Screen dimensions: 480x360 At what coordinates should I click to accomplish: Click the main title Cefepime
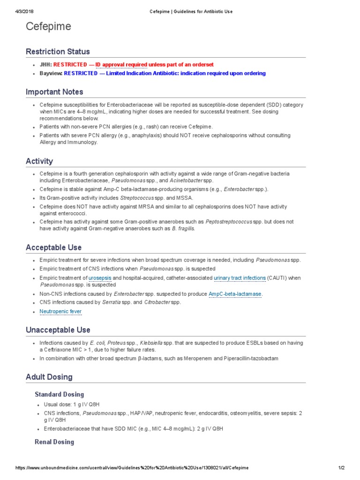click(48, 27)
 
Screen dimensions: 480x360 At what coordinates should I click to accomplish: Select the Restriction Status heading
click(58, 52)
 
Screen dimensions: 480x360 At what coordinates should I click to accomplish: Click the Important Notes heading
click(54, 92)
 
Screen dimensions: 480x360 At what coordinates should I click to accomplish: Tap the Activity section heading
click(39, 161)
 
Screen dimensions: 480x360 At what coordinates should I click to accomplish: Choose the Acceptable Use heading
click(53, 247)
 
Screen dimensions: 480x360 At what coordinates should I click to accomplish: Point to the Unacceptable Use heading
click(58, 330)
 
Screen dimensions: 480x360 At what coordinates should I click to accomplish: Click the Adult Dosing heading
click(49, 377)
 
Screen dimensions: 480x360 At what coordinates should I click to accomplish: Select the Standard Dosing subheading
click(60, 394)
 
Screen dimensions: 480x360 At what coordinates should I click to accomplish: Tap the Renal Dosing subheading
click(54, 442)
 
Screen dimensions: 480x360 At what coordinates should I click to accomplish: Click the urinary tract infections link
click(240, 278)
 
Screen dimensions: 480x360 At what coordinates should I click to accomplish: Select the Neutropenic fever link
click(60, 311)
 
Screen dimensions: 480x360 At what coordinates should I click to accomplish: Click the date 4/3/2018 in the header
click(16, 11)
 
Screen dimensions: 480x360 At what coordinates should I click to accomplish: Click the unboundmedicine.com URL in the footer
click(132, 468)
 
